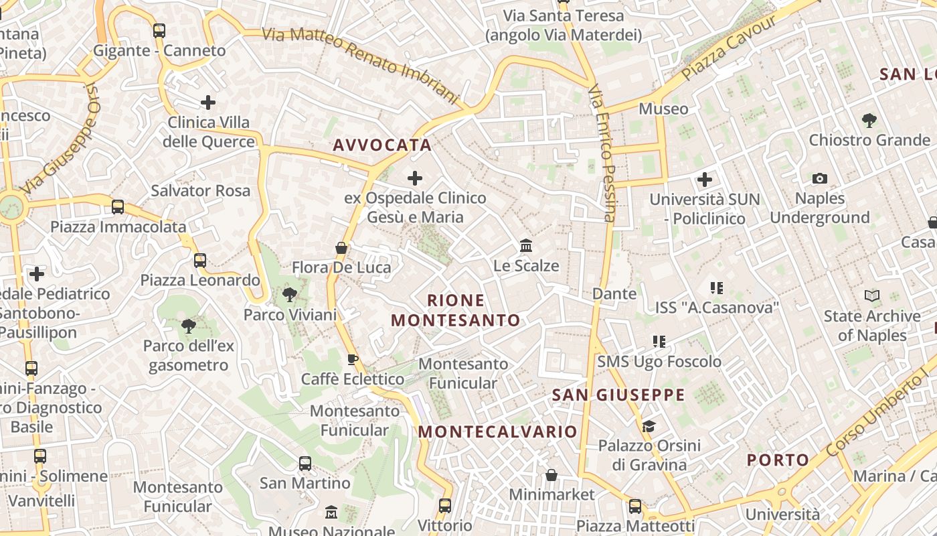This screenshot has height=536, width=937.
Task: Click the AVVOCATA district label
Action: point(382,145)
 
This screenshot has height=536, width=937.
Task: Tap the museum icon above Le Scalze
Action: point(526,246)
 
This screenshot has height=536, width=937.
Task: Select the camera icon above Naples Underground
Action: point(819,178)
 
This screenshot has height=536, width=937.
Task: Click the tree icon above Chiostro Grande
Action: point(869,121)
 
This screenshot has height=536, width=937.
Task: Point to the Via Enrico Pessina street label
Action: point(602,153)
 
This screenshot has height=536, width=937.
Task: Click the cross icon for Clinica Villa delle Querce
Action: point(208,103)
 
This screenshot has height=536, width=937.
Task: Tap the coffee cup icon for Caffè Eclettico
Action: point(353,360)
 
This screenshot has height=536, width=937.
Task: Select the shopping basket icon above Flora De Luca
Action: point(341,248)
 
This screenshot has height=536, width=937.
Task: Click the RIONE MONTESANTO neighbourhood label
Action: point(455,310)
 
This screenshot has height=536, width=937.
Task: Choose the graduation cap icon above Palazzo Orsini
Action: point(649,426)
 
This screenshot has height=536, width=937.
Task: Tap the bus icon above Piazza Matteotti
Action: point(635,506)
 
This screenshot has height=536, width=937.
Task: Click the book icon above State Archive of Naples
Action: point(871,295)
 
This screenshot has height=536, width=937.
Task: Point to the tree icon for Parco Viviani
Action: point(290,294)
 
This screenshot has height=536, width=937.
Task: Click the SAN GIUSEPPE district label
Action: point(618,395)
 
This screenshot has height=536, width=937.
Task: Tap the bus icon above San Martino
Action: point(305,463)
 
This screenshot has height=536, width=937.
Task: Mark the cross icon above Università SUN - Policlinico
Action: point(705,180)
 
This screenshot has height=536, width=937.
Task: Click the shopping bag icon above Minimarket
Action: point(551,475)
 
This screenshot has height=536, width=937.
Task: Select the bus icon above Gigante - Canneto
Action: point(159,30)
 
